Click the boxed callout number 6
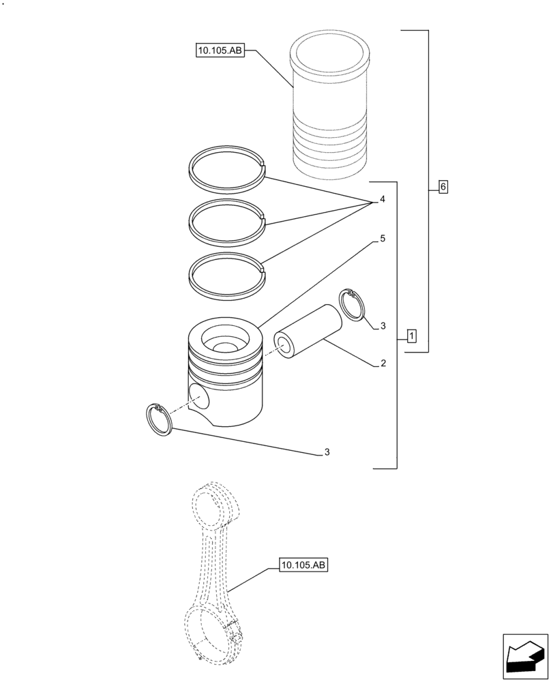pyautogui.click(x=443, y=187)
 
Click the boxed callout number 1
pyautogui.click(x=412, y=336)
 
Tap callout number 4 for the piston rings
pyautogui.click(x=382, y=200)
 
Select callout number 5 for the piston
pyautogui.click(x=383, y=239)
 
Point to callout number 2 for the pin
pyautogui.click(x=383, y=364)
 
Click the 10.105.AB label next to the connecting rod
pyautogui.click(x=303, y=565)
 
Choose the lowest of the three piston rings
pyautogui.click(x=226, y=258)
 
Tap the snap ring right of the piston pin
pyautogui.click(x=352, y=304)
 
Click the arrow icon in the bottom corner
pyautogui.click(x=524, y=657)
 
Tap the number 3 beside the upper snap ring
pyautogui.click(x=383, y=326)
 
